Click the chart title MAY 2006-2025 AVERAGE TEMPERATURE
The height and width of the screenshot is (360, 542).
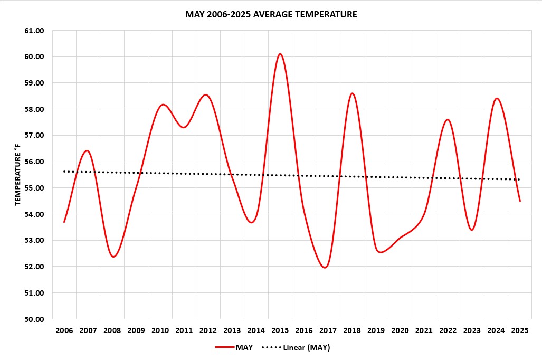point(271,14)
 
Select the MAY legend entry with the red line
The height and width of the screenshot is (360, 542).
point(234,347)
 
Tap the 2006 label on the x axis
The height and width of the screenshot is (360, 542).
point(64,331)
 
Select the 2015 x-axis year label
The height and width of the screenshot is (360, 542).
point(280,331)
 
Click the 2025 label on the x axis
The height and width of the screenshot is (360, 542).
point(520,331)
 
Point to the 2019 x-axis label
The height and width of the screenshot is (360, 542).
point(376,331)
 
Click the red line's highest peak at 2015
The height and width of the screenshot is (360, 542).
point(280,54)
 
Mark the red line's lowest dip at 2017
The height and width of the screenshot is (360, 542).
point(325,267)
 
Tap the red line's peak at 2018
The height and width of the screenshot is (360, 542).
point(352,93)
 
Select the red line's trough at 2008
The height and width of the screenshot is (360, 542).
point(113,257)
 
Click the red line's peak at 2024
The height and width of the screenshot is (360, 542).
point(496,99)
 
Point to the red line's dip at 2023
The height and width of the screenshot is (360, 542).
point(472,230)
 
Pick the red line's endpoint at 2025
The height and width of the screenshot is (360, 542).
point(520,201)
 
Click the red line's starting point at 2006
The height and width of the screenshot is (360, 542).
point(64,222)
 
